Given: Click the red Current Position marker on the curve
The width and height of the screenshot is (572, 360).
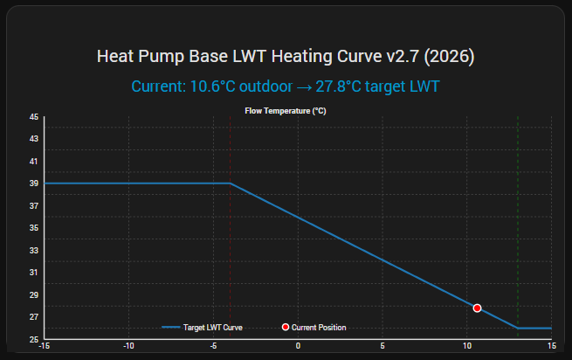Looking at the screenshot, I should click(477, 308).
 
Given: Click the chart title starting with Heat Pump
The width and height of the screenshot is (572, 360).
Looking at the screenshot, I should click(286, 58).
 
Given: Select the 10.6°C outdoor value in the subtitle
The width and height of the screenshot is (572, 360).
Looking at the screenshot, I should click(211, 87).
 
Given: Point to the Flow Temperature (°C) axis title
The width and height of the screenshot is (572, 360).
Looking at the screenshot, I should click(285, 111).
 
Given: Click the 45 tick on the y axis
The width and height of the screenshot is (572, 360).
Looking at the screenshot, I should click(34, 116).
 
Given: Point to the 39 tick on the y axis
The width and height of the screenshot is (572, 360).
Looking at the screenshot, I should click(34, 183).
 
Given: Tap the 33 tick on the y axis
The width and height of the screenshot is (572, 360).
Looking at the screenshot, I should click(34, 250).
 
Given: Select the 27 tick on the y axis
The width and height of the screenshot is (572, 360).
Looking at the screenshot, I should click(34, 317).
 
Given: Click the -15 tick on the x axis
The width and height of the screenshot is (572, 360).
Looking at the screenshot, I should click(45, 346).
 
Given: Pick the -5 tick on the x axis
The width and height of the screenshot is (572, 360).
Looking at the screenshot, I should click(213, 346).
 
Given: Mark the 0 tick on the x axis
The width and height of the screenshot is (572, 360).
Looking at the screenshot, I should click(298, 346).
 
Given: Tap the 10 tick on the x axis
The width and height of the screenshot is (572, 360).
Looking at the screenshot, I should click(466, 346).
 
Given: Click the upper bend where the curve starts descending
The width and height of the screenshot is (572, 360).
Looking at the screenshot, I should click(231, 183).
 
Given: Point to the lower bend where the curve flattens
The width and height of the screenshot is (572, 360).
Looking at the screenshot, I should click(518, 328).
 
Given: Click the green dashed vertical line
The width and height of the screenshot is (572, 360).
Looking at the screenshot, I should click(518, 218).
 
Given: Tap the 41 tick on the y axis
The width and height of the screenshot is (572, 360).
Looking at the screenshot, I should click(34, 161).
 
